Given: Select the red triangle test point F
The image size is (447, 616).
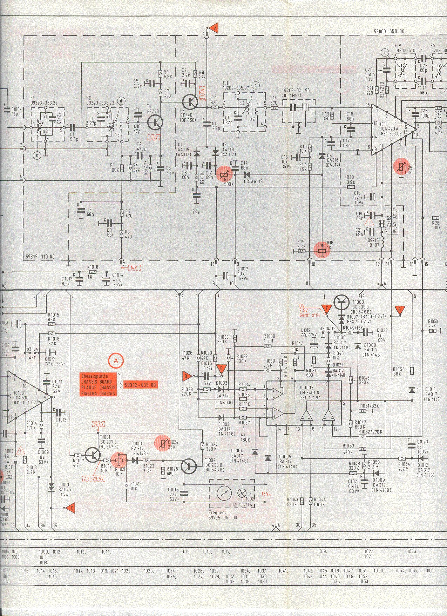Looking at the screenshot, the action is pos(327,309).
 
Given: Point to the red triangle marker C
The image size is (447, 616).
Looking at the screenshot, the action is pos(71,508).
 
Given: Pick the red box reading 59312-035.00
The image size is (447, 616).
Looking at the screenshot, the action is pos(140,385).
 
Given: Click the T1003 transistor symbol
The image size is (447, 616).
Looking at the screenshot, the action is pos(341,302).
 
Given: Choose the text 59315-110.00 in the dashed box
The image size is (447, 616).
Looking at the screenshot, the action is pos(40,257).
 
